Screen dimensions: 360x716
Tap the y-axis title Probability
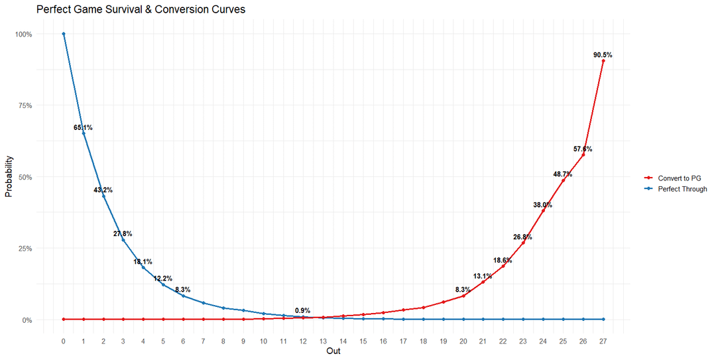pyautogui.click(x=9, y=177)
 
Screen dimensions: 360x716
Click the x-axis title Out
pyautogui.click(x=333, y=351)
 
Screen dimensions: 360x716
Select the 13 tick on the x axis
pyautogui.click(x=324, y=341)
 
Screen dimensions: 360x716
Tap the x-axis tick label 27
pyautogui.click(x=603, y=341)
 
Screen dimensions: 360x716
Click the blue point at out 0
pyautogui.click(x=64, y=34)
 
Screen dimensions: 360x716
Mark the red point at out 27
pyautogui.click(x=603, y=61)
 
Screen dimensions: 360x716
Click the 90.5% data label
pyautogui.click(x=603, y=55)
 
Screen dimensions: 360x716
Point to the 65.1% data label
pyautogui.click(x=84, y=127)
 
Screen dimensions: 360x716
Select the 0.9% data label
pyautogui.click(x=303, y=310)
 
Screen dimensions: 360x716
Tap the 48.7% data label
pyautogui.click(x=563, y=174)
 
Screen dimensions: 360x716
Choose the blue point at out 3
pyautogui.click(x=123, y=240)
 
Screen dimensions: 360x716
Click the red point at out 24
pyautogui.click(x=543, y=211)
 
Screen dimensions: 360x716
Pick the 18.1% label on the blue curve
pyautogui.click(x=143, y=262)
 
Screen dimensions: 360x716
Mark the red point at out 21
pyautogui.click(x=483, y=282)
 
